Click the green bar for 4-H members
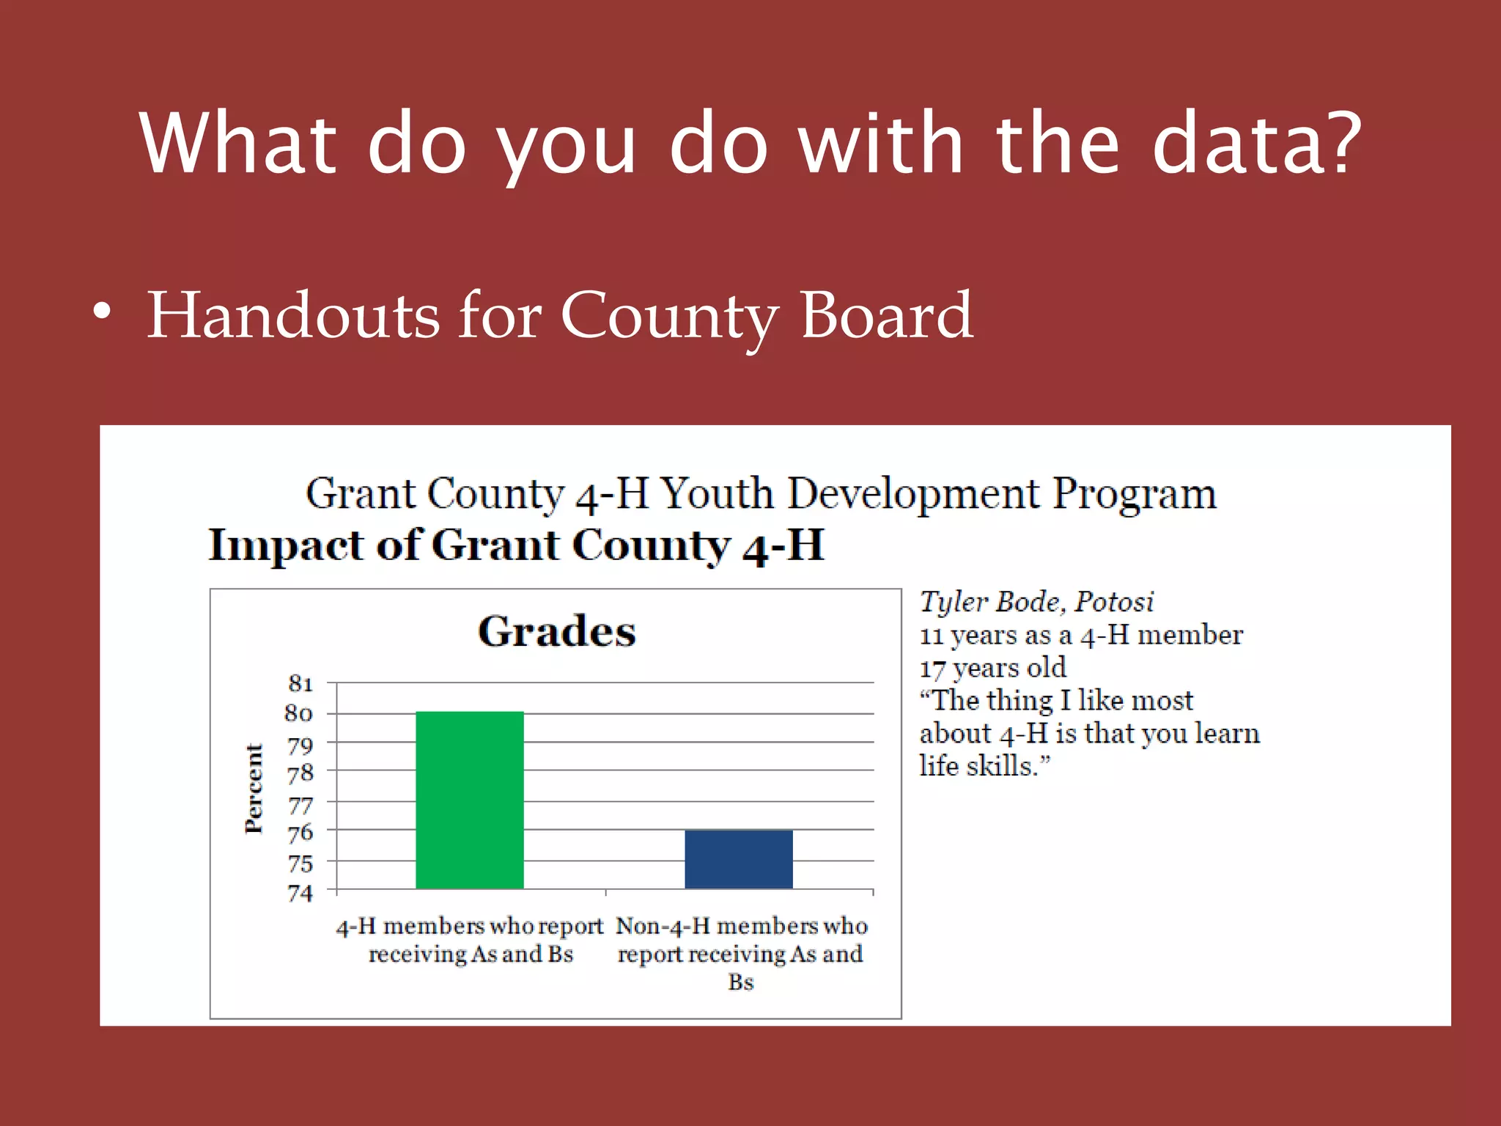pos(469,800)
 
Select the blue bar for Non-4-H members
pos(738,859)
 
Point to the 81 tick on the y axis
pos(300,683)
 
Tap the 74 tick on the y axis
pos(300,893)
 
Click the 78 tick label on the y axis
pos(300,773)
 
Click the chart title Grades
pos(556,631)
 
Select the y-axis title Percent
pos(254,788)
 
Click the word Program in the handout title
pos(1134,494)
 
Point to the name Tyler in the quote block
pos(954,602)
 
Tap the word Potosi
pos(1114,602)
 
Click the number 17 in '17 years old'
pos(932,669)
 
